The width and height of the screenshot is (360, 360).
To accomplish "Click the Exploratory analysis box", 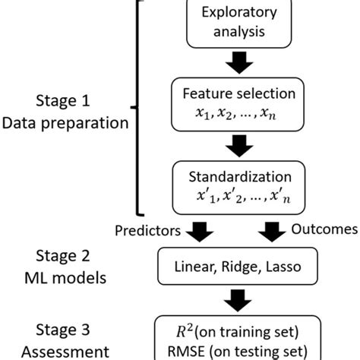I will [240, 22].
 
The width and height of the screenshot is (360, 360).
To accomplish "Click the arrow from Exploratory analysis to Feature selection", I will [240, 62].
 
